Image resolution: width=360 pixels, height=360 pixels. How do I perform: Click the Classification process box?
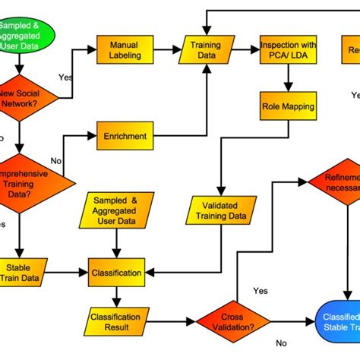116,272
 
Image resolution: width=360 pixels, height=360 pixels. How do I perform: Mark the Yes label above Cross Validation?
260,290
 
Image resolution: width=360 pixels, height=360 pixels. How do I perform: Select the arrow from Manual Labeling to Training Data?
163,50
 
